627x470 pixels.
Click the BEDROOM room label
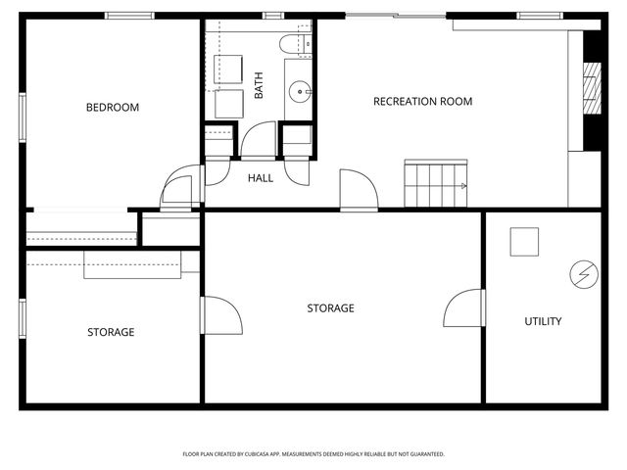point(112,108)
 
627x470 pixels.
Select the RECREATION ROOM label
point(422,102)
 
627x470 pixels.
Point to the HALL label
point(261,178)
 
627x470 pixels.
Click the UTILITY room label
point(543,321)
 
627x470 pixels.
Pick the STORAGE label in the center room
point(330,308)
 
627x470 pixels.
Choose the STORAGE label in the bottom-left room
point(111,332)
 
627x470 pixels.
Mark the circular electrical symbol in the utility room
point(582,274)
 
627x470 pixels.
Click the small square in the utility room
point(524,242)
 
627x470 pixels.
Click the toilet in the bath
point(294,43)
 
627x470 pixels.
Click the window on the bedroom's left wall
point(22,117)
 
